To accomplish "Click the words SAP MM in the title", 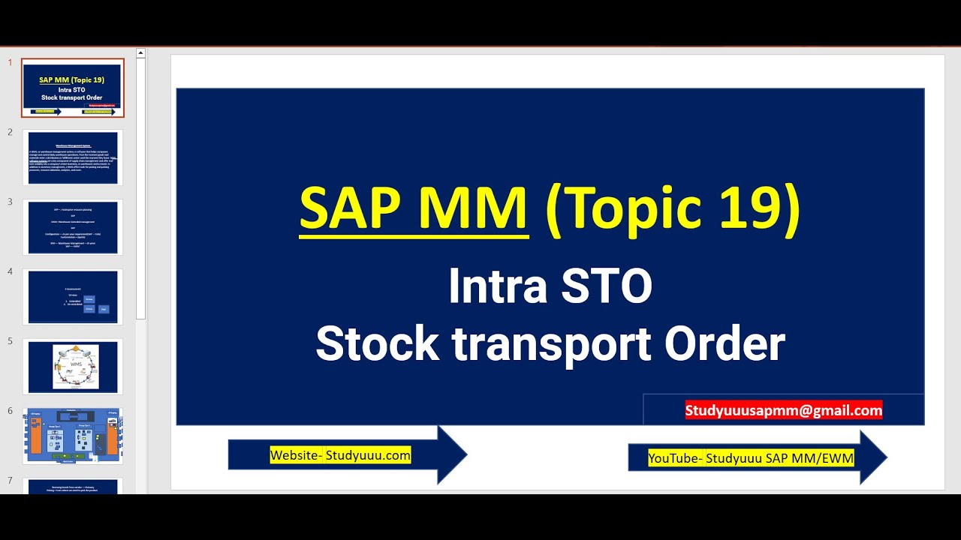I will [x=414, y=209].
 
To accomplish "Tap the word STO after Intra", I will [x=610, y=287].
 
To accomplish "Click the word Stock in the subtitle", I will [x=377, y=344].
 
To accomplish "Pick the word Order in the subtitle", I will [x=725, y=344].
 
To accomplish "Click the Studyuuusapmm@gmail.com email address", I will [x=783, y=410].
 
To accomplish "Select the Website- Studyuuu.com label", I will [x=340, y=455].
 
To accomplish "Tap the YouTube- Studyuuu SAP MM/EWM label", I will [x=751, y=457].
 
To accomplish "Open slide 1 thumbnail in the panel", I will [x=73, y=88].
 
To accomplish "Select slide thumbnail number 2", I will [x=73, y=157].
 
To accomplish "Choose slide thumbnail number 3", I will [x=73, y=227].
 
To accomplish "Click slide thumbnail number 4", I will [x=73, y=297].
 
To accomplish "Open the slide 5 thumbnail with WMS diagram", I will [x=73, y=367].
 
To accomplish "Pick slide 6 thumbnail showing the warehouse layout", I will [x=73, y=436].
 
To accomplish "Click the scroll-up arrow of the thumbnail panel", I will [x=140, y=53].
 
